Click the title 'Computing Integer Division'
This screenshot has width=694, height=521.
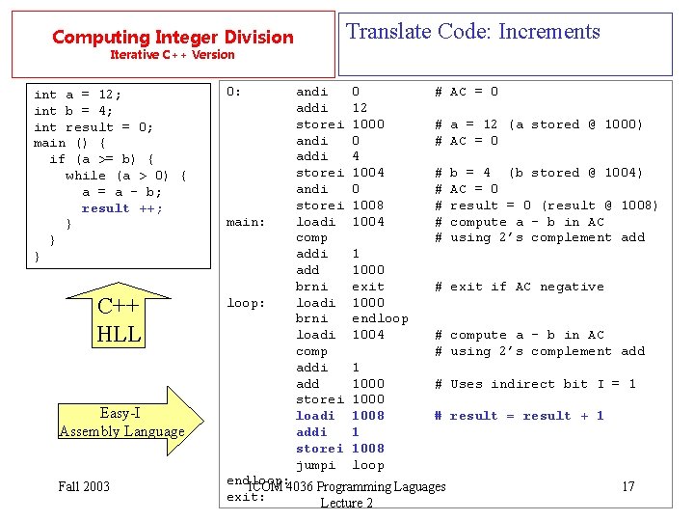point(173,38)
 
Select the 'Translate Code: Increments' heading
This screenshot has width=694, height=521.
point(472,31)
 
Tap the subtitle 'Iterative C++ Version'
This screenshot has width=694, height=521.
point(173,55)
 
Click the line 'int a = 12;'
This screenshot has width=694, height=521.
point(77,95)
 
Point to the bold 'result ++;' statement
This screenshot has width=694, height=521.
point(122,208)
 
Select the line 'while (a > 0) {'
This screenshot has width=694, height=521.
point(126,176)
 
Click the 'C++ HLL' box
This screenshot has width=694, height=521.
point(120,321)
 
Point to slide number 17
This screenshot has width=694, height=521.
point(627,486)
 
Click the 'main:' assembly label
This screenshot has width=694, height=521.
point(246,222)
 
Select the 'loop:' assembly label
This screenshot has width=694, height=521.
point(246,303)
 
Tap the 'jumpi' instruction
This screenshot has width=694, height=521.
point(315,465)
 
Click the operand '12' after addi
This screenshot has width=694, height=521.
point(360,108)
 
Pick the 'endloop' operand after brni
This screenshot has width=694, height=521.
point(380,318)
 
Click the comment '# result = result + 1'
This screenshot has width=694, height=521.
point(519,416)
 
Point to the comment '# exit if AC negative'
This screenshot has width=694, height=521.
point(519,287)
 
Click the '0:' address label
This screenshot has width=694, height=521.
point(233,92)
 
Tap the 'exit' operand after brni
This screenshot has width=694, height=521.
point(368,287)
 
